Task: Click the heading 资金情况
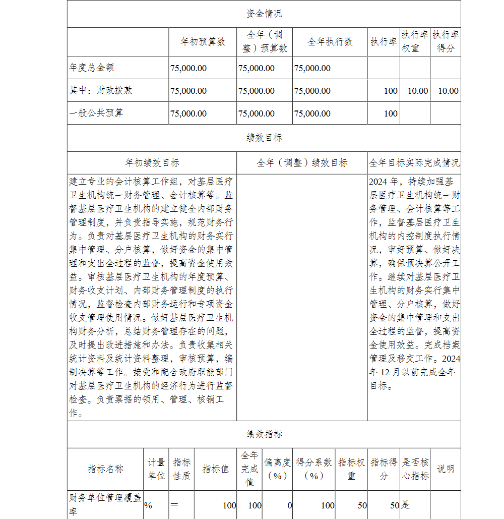tap(264, 14)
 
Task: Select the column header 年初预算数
tap(203, 42)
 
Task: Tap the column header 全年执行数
tap(330, 42)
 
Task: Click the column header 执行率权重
tap(415, 42)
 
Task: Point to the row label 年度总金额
tap(88, 68)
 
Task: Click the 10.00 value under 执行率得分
tap(448, 91)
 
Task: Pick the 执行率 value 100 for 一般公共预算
tap(391, 113)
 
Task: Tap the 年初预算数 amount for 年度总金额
tap(188, 68)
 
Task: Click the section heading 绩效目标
tap(264, 138)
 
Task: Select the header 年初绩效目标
tap(152, 163)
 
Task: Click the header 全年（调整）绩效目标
tap(302, 163)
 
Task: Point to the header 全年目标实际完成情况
tap(414, 163)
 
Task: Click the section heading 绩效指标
tap(264, 434)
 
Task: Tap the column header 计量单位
tap(156, 469)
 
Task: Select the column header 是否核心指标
tap(415, 469)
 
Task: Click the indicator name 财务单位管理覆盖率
tap(105, 505)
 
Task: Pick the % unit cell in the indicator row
tap(148, 505)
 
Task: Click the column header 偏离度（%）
tap(277, 469)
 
